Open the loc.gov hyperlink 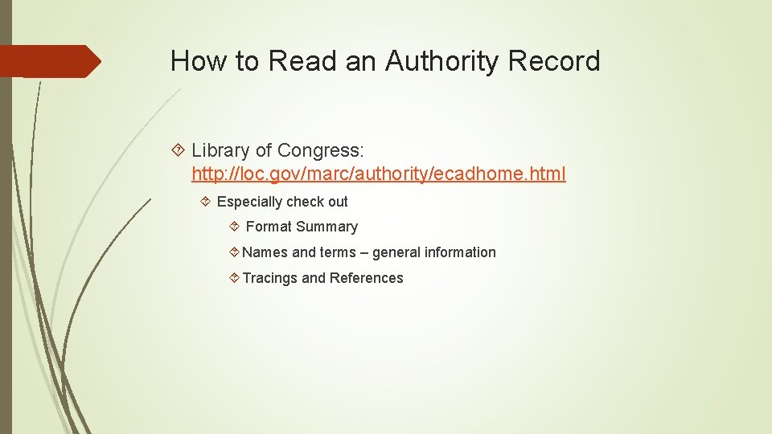coord(378,174)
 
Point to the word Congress coord(321,150)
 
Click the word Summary coord(326,227)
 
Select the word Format coord(269,227)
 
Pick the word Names coord(265,252)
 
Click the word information coord(459,252)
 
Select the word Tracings coord(269,278)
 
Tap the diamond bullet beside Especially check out coord(205,202)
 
